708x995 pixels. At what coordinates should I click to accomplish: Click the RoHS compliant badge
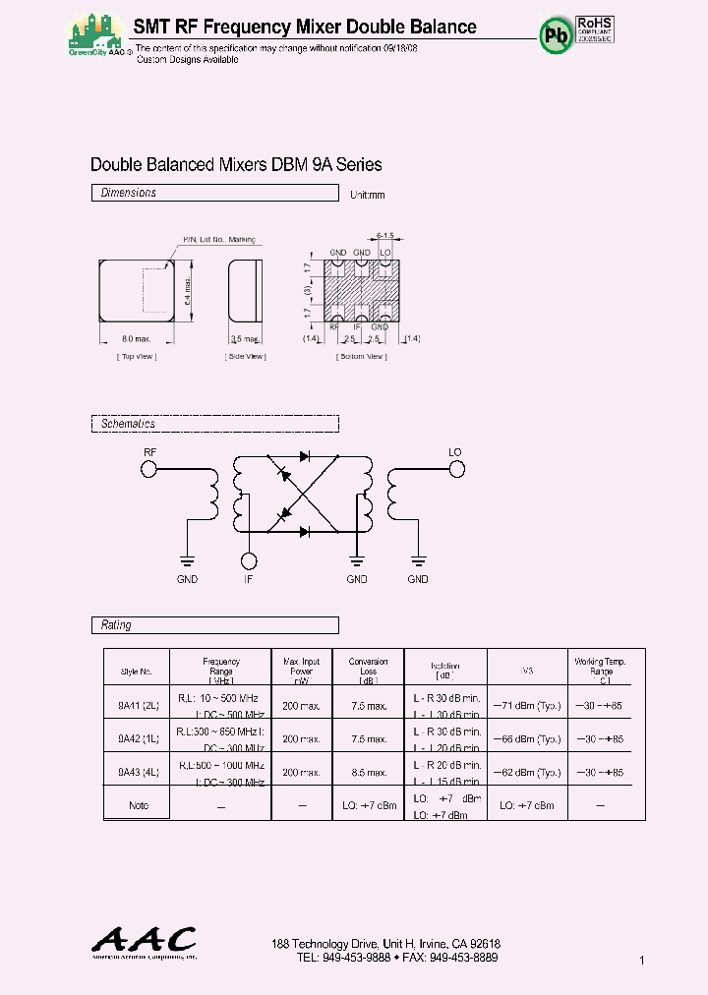(596, 29)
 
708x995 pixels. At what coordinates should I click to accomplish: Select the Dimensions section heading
(129, 194)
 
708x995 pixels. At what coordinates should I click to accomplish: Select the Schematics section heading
(129, 424)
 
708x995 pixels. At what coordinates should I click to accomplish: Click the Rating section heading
(116, 625)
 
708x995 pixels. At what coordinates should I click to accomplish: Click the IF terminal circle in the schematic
(250, 560)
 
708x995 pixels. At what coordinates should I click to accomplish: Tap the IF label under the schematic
(250, 580)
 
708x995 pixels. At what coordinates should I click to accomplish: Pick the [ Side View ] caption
(245, 357)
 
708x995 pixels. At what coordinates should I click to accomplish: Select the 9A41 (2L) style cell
(137, 705)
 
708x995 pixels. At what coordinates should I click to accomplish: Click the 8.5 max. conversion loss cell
(368, 772)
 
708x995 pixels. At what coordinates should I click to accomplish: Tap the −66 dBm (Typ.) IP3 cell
(526, 738)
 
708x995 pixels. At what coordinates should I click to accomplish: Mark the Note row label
(138, 805)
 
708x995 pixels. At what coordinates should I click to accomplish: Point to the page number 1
(641, 960)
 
